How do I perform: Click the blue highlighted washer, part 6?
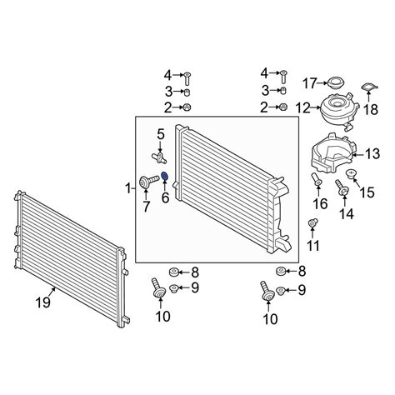click(164, 176)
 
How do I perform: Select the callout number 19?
click(43, 302)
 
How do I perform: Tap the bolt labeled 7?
click(147, 182)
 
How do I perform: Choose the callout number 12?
click(302, 107)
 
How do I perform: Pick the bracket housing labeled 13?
click(332, 153)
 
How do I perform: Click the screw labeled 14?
click(342, 187)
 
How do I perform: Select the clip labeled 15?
click(351, 174)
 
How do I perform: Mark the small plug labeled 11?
click(313, 223)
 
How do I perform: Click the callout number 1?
click(128, 188)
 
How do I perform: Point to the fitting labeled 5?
click(159, 157)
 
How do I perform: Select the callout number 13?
click(372, 153)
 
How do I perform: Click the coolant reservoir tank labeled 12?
click(339, 112)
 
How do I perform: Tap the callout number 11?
click(313, 246)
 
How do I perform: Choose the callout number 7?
click(147, 207)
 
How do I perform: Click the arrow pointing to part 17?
click(322, 82)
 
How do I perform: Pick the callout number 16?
click(320, 204)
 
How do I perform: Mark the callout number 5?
click(161, 135)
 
